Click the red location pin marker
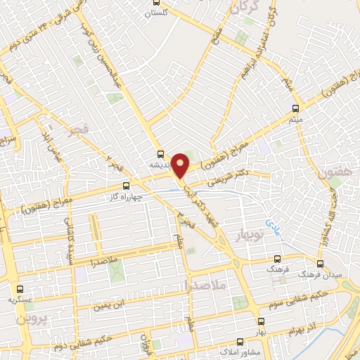181,165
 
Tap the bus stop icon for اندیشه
161,155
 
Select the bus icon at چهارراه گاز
127,186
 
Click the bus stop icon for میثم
295,109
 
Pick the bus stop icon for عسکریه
19,288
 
